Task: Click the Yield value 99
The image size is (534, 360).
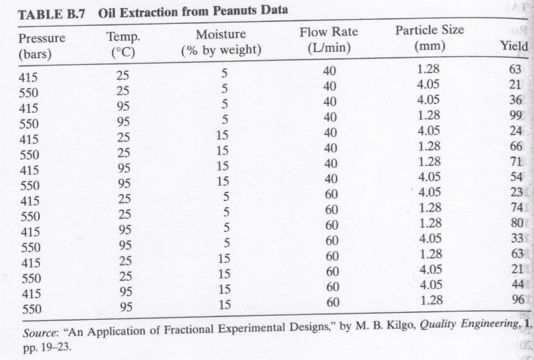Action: click(516, 115)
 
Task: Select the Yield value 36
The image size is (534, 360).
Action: click(516, 100)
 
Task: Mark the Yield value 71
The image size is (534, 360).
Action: click(516, 162)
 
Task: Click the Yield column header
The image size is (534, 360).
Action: click(514, 47)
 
